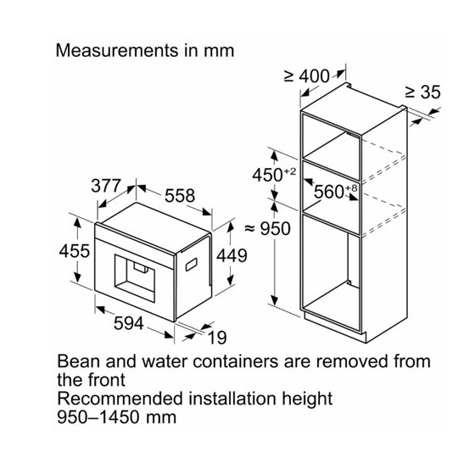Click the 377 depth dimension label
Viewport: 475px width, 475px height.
[x=106, y=186]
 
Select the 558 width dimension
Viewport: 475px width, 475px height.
[x=180, y=196]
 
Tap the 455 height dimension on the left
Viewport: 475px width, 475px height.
[x=75, y=251]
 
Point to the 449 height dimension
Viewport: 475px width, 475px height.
[x=232, y=255]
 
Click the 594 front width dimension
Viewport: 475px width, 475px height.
[x=129, y=323]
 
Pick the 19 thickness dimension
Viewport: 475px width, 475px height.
[x=217, y=338]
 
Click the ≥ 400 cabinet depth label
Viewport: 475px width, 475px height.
[x=307, y=76]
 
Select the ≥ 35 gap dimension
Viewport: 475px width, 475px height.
[x=422, y=92]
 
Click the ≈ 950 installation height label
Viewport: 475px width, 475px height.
[x=267, y=229]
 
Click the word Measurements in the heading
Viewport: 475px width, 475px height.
[x=117, y=51]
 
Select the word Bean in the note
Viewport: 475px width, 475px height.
[x=79, y=361]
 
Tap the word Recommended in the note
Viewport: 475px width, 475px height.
[x=120, y=399]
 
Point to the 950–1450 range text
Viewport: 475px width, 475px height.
[x=98, y=417]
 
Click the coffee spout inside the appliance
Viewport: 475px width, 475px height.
[x=141, y=267]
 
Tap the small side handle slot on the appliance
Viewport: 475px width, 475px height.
[x=192, y=264]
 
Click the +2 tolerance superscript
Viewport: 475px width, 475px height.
[x=289, y=171]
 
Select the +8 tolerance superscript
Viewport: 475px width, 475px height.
[x=351, y=188]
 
